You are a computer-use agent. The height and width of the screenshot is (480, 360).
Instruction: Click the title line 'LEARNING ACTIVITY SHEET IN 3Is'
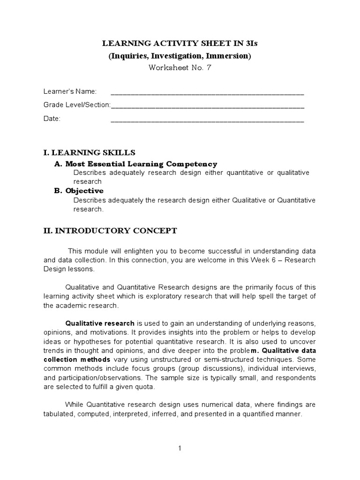tap(180, 44)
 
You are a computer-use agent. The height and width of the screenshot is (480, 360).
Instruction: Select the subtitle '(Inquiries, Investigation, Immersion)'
tap(180, 56)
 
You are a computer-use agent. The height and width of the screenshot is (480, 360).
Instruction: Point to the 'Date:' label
tap(52, 119)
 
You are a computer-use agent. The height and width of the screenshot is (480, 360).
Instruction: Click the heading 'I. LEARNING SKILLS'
tap(89, 152)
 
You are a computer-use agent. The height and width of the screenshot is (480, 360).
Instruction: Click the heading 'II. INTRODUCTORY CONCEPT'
tap(110, 230)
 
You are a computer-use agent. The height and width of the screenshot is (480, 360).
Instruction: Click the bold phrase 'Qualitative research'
tap(100, 323)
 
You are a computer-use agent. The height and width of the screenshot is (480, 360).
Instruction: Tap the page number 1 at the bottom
tap(180, 448)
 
